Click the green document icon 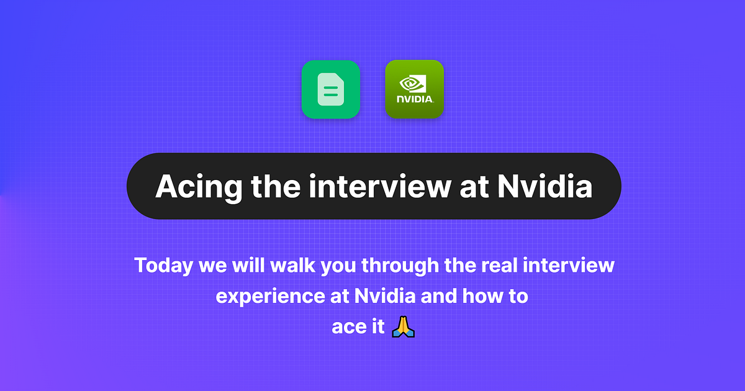(331, 89)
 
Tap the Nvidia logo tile (415, 89)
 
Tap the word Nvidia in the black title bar (545, 186)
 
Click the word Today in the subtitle (164, 266)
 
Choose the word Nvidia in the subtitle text (385, 296)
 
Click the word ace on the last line (349, 326)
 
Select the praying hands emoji (403, 326)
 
